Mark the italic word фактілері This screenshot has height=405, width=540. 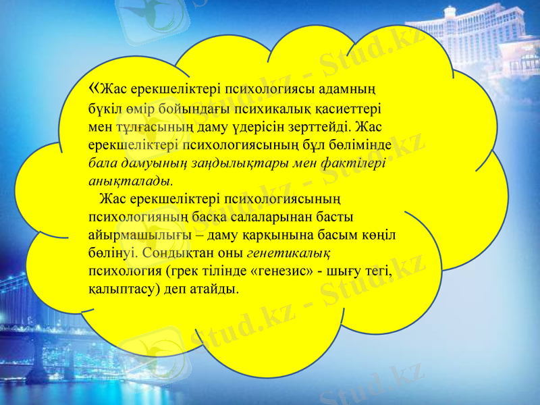pyautogui.click(x=356, y=163)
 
